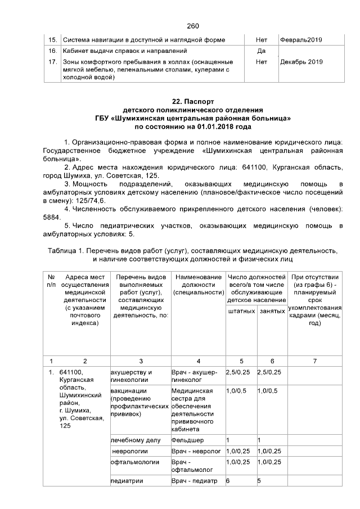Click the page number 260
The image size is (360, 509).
193,26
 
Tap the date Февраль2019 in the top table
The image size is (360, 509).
301,40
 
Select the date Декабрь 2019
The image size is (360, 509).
301,62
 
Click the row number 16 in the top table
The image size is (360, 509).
52,51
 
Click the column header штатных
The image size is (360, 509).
240,310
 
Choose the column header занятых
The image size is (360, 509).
271,310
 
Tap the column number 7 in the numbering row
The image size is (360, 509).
315,361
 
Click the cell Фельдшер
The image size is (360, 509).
187,440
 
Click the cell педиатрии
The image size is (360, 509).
127,481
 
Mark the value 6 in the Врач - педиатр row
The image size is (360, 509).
227,481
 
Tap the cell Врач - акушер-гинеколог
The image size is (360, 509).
194,376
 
